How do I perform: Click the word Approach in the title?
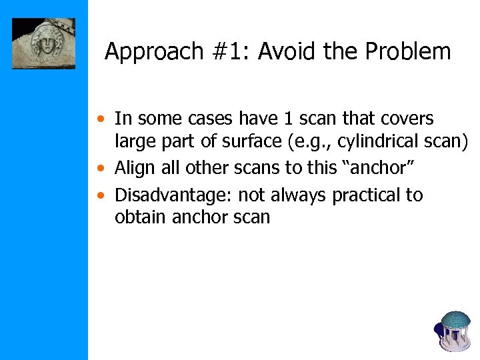tap(145, 52)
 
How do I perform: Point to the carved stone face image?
tap(43, 44)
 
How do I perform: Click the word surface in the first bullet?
tap(257, 141)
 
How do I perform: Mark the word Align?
tap(135, 168)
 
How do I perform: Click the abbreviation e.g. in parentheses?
tap(310, 141)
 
